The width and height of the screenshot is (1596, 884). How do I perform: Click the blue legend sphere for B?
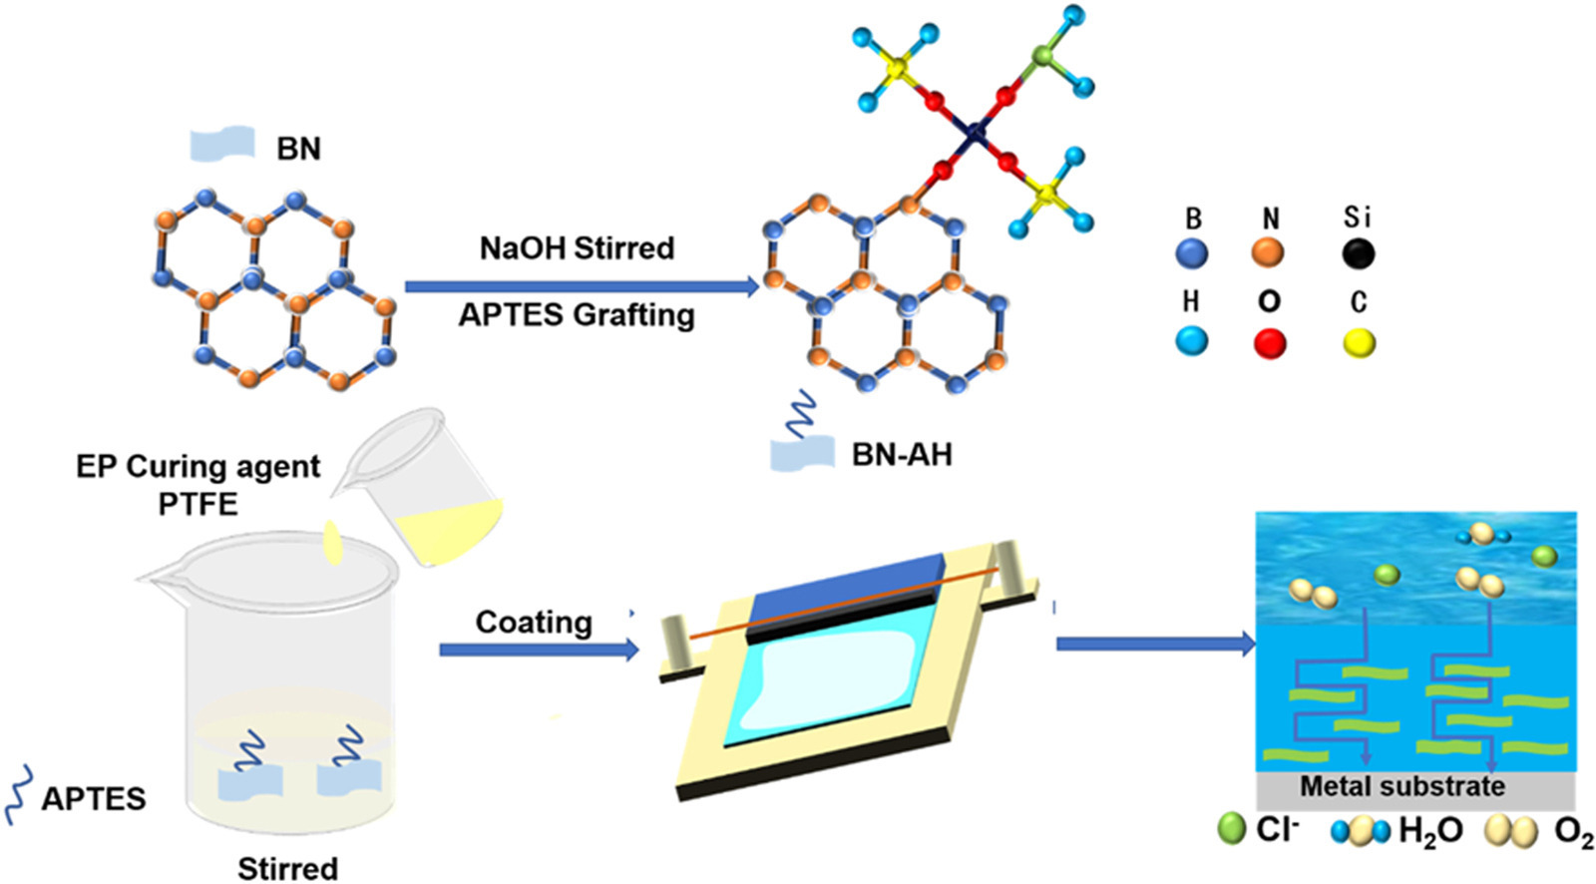1191,253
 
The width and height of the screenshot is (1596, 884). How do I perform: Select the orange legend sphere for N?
1268,252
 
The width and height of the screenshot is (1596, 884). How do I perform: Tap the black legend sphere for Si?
1358,253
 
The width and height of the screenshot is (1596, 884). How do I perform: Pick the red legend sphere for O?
1269,343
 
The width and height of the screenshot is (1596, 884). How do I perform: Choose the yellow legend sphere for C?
1359,343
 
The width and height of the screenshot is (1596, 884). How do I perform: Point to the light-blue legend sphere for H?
1191,342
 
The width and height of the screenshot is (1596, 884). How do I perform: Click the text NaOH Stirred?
577,247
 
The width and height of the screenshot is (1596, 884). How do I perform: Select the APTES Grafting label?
577,315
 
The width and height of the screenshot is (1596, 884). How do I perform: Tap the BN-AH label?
902,455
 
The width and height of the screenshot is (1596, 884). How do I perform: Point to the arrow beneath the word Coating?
539,651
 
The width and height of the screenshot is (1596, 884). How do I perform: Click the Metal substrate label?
1401,786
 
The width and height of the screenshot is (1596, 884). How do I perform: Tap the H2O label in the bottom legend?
1430,830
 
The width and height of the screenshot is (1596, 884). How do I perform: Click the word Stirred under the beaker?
287,868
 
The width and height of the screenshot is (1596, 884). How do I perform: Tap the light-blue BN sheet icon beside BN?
221,145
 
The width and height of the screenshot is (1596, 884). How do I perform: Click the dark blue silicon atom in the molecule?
976,129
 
